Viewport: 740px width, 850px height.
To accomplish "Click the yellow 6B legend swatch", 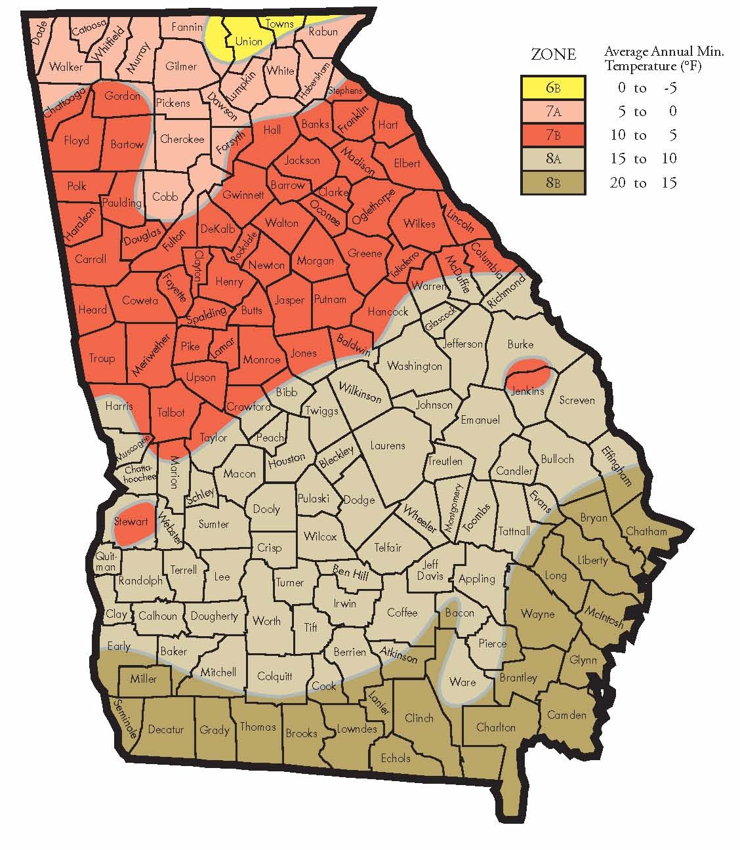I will pyautogui.click(x=553, y=87).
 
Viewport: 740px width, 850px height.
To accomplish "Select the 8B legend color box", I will pyautogui.click(x=553, y=182).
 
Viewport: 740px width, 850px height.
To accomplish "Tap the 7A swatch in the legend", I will pyautogui.click(x=553, y=111).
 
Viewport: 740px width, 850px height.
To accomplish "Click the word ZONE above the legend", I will pyautogui.click(x=553, y=54).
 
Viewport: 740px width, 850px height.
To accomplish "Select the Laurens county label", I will pyautogui.click(x=387, y=445).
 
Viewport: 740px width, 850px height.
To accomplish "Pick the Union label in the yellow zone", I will pyautogui.click(x=249, y=41).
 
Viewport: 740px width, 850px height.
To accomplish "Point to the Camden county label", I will pyautogui.click(x=566, y=714).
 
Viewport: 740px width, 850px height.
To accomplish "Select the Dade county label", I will pyautogui.click(x=39, y=34).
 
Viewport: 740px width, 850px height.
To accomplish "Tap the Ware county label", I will pyautogui.click(x=462, y=682).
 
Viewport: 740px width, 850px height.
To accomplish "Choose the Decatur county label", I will pyautogui.click(x=165, y=729).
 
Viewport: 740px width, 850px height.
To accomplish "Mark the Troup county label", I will pyautogui.click(x=101, y=358).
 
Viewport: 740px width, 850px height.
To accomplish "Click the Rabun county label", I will pyautogui.click(x=323, y=31).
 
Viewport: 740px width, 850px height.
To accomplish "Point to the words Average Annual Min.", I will pyautogui.click(x=663, y=51).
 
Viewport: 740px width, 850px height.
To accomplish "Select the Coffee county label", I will pyautogui.click(x=401, y=612).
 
